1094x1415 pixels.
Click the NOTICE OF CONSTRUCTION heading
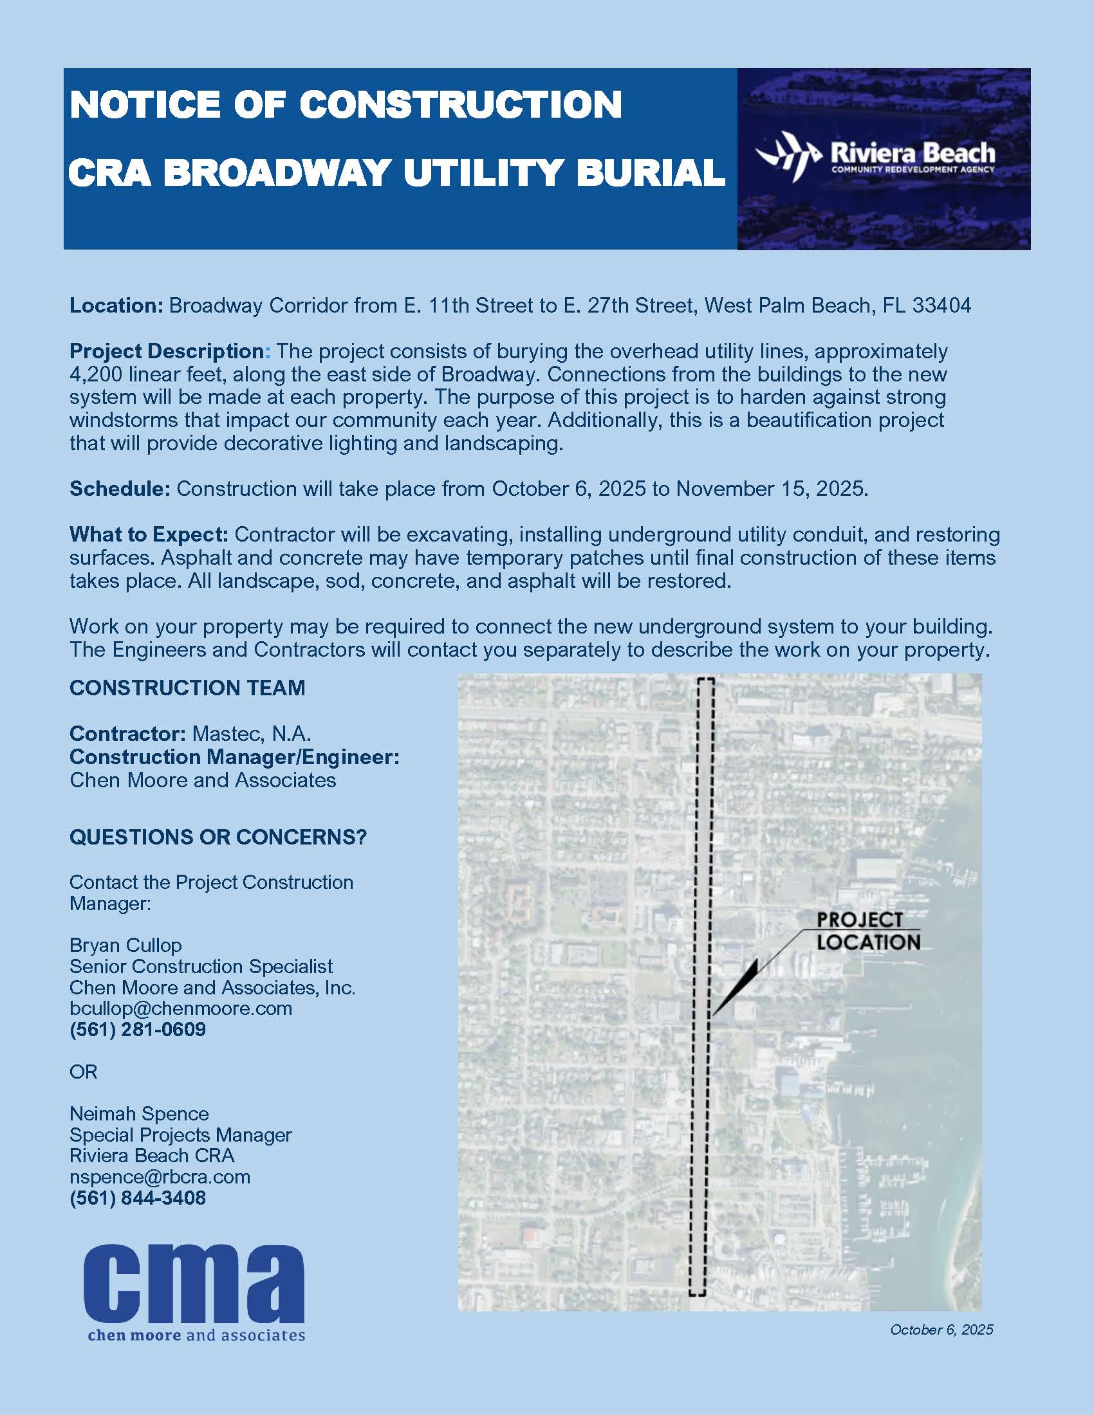click(x=346, y=105)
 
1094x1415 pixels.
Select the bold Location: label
click(x=116, y=306)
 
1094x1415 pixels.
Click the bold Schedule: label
click(x=119, y=489)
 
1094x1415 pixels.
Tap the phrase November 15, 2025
click(x=771, y=489)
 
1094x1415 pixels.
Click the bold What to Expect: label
click(x=149, y=535)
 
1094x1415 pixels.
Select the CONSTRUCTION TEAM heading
click(x=187, y=688)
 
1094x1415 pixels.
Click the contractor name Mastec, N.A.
click(x=252, y=734)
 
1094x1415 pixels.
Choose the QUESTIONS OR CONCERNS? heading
click(x=218, y=837)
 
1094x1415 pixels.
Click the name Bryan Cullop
click(x=125, y=945)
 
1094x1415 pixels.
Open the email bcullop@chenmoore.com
click(x=181, y=1008)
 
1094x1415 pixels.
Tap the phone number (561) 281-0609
click(x=138, y=1030)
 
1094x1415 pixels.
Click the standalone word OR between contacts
click(x=83, y=1072)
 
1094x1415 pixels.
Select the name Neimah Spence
click(x=140, y=1114)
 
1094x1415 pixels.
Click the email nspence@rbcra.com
click(x=160, y=1176)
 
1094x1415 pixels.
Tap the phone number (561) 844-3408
click(x=138, y=1198)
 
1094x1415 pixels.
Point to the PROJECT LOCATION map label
click(x=867, y=931)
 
